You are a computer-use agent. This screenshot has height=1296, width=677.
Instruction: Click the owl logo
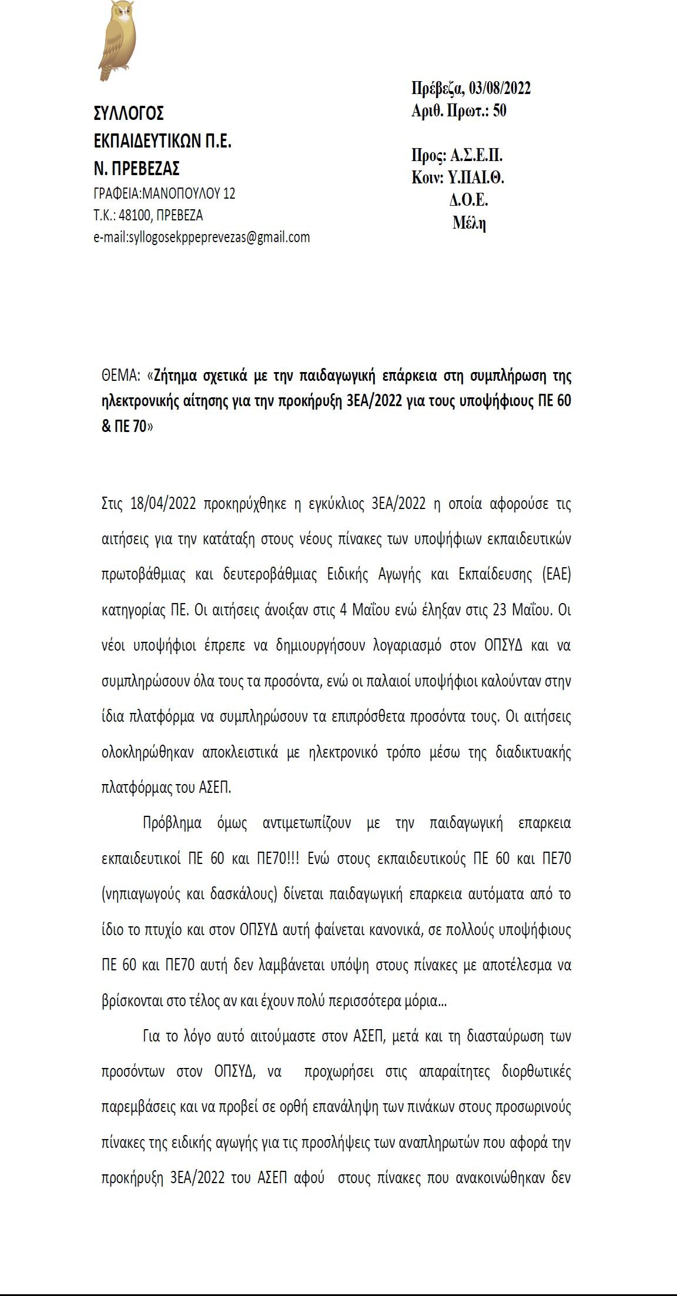pyautogui.click(x=118, y=40)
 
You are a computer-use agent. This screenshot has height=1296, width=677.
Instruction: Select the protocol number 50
pyautogui.click(x=499, y=110)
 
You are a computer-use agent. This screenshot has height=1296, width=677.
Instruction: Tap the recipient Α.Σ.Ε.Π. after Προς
pyautogui.click(x=476, y=156)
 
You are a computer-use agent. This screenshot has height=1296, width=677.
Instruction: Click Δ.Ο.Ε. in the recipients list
pyautogui.click(x=469, y=200)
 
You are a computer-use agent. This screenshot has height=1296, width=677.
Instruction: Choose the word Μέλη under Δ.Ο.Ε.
pyautogui.click(x=469, y=223)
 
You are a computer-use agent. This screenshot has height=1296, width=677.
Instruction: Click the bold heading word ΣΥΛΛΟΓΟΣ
pyautogui.click(x=129, y=112)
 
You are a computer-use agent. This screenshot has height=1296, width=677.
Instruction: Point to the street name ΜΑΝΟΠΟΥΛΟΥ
pyautogui.click(x=182, y=193)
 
